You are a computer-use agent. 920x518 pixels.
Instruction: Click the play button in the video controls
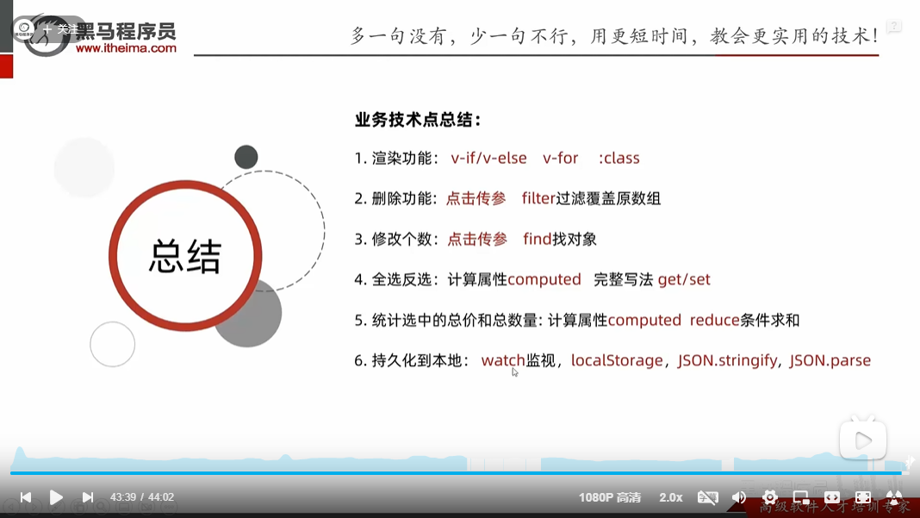(x=56, y=497)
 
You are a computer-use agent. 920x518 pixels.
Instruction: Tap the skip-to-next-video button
(x=87, y=497)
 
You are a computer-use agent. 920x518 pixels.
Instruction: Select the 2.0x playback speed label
(x=671, y=497)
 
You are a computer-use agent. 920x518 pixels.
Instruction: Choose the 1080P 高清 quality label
(x=610, y=497)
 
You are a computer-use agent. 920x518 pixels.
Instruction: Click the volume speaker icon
(x=738, y=497)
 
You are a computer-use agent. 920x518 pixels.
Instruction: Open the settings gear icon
(x=769, y=497)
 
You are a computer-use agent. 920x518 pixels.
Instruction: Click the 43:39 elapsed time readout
(x=123, y=497)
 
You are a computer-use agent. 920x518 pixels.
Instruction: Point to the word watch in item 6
(x=503, y=360)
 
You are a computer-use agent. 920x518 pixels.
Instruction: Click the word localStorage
(x=617, y=360)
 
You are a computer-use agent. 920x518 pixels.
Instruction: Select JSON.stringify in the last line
(x=727, y=360)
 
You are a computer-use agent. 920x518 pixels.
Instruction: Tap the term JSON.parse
(x=830, y=360)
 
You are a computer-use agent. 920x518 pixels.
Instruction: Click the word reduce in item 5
(x=714, y=320)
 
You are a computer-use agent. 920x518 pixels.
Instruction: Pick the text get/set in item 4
(x=684, y=279)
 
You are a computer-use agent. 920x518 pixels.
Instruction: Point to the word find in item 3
(x=537, y=239)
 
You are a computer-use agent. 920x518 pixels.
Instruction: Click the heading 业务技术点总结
(x=418, y=120)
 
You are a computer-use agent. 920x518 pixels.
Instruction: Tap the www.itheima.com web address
(x=126, y=49)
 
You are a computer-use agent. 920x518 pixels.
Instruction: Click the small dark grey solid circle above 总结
(x=246, y=157)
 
